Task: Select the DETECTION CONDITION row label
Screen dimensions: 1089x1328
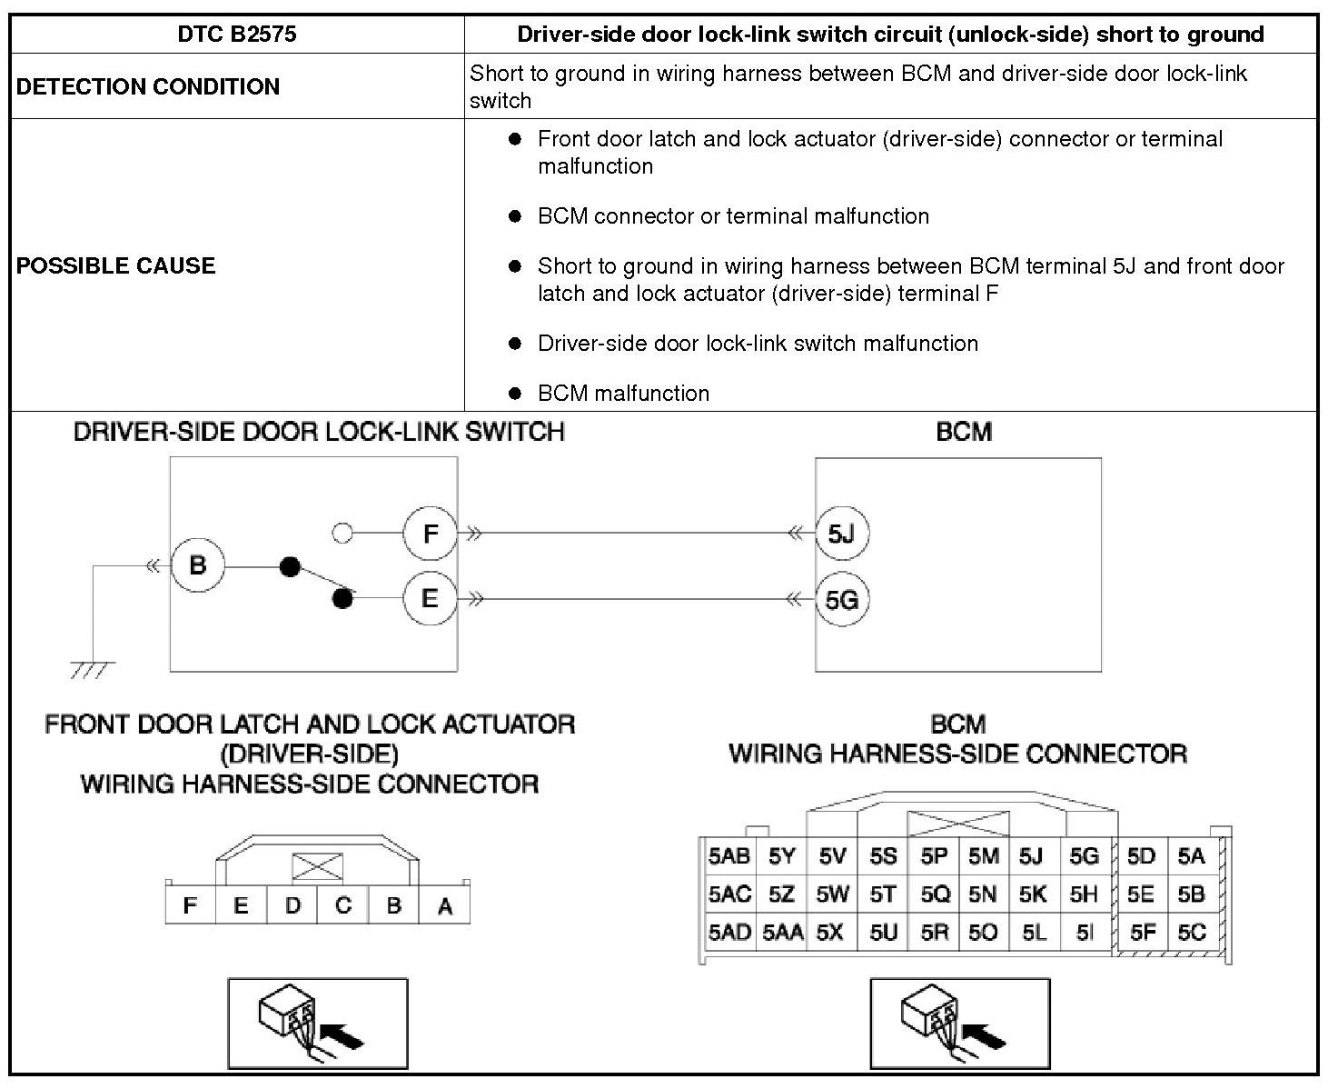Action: pos(148,86)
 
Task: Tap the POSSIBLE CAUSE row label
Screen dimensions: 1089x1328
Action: pos(116,265)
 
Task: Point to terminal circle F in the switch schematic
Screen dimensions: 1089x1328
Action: pos(431,534)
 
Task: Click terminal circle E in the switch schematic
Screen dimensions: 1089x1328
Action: pos(431,599)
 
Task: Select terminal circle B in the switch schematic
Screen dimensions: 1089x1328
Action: pos(197,565)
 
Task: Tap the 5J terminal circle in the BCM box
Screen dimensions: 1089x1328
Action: pos(841,534)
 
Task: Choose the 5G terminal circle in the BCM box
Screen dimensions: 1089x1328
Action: pos(841,600)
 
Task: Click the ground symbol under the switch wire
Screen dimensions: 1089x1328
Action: pos(92,670)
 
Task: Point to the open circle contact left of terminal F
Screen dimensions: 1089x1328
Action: pos(342,534)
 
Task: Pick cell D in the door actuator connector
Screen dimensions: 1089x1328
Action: pos(292,905)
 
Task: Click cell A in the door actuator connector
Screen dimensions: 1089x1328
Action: pos(445,905)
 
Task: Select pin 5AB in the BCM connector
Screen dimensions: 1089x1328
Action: pos(729,856)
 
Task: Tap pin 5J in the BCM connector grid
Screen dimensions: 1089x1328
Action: pos(1031,856)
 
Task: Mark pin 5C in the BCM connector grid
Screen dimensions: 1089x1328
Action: pos(1191,932)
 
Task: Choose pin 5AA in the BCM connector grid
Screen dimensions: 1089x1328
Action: pos(782,932)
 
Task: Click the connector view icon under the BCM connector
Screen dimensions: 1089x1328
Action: pos(960,1024)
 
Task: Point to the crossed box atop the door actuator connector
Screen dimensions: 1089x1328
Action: pos(317,867)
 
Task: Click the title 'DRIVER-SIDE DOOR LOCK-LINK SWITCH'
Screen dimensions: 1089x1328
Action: pos(319,432)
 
